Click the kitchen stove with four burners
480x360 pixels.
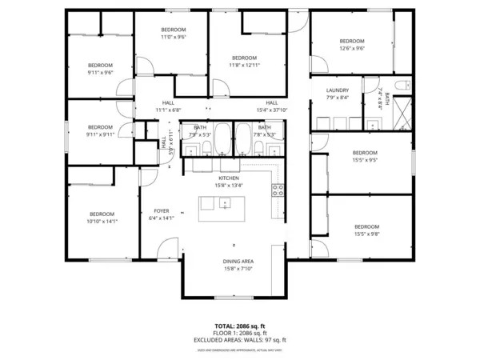tap(278, 190)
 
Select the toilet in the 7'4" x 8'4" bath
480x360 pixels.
tap(405, 85)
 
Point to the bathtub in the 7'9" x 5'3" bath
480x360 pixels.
tap(222, 139)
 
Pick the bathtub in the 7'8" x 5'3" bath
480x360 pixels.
tap(243, 139)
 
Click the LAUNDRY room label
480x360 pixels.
tap(338, 90)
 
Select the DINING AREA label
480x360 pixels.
tap(238, 262)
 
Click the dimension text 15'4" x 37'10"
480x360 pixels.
tap(272, 110)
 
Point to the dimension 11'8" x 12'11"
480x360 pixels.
tap(244, 66)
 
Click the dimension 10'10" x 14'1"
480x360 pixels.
tap(102, 222)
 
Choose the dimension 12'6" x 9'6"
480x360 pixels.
tap(351, 48)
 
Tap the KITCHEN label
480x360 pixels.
tap(230, 178)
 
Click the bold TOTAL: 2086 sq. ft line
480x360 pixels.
tap(239, 327)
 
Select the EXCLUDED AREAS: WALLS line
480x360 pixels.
tap(239, 340)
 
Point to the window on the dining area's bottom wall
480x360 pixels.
tap(235, 297)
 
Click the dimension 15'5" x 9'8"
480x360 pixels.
tap(366, 234)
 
